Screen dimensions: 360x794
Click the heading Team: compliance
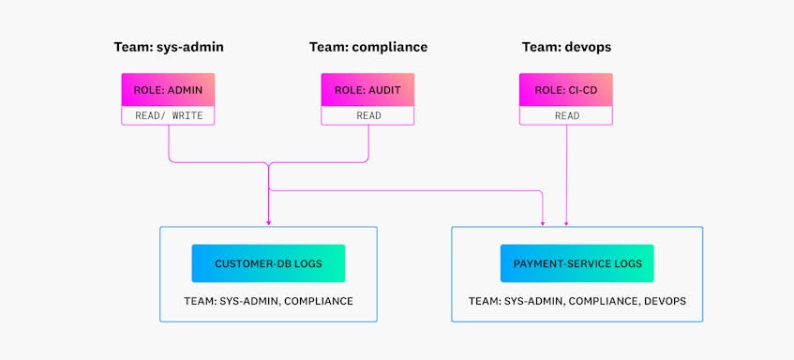(368, 46)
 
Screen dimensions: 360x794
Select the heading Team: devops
(566, 46)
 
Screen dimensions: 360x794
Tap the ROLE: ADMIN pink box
(168, 90)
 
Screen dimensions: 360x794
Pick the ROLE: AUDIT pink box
(368, 90)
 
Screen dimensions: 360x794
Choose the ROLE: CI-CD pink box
(566, 90)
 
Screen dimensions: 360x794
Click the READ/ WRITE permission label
(168, 116)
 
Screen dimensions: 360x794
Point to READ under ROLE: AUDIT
(368, 116)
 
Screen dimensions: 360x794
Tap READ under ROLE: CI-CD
(566, 116)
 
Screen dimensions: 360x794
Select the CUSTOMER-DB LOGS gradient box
(268, 263)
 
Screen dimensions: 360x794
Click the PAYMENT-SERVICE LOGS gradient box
(577, 263)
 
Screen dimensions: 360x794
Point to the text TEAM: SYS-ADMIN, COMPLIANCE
(268, 301)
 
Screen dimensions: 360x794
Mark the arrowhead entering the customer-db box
(268, 223)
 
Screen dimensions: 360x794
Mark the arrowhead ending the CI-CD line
(566, 223)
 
